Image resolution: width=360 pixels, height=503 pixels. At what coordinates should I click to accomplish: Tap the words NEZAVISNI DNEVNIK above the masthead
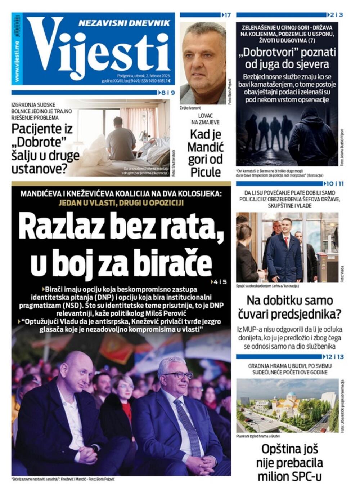(124, 23)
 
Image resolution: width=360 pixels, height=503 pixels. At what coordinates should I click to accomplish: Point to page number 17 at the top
(227, 15)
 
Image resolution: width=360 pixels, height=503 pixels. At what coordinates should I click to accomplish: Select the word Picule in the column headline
(206, 172)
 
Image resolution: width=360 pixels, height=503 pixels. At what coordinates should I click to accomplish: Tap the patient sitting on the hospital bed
(121, 135)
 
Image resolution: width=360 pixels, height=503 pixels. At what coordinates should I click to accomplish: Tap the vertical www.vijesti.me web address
(17, 61)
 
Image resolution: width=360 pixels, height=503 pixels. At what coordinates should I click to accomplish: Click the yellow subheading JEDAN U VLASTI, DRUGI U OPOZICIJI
(121, 202)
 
